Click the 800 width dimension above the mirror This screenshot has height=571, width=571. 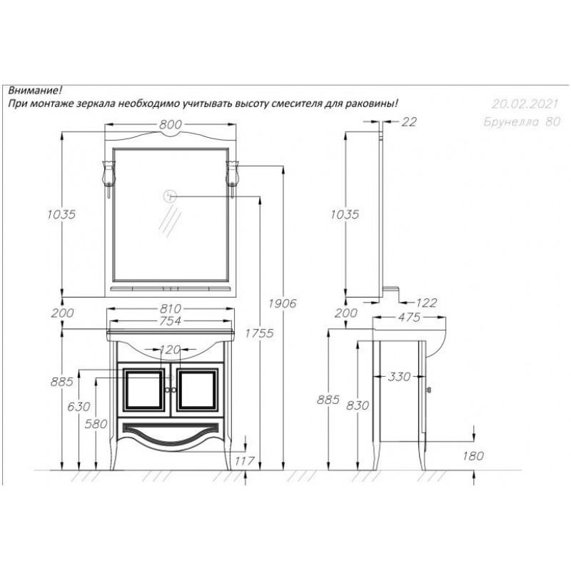171,124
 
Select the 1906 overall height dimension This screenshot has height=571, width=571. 282,303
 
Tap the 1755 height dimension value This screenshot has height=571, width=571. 259,333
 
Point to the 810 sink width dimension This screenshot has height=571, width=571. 171,309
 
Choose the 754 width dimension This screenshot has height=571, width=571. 171,320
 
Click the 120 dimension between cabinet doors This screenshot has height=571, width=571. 171,350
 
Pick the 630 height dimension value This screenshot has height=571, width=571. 79,406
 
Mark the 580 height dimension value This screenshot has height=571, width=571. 96,424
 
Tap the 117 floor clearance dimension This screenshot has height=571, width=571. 244,461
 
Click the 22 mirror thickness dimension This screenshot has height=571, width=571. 408,122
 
